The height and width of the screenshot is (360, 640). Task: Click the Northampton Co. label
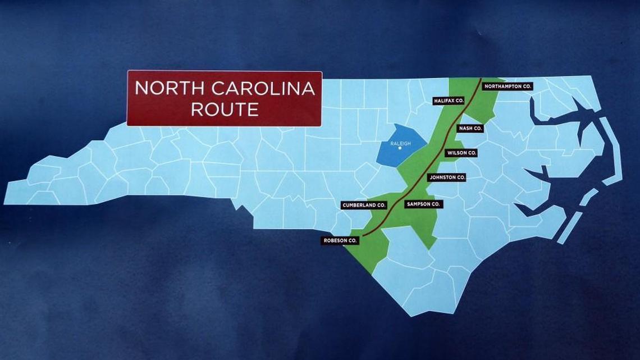pyautogui.click(x=508, y=86)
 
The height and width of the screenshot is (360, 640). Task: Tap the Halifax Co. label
pyautogui.click(x=449, y=101)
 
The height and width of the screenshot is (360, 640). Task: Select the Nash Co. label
pyautogui.click(x=470, y=128)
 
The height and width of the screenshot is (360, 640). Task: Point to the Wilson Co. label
pyautogui.click(x=461, y=153)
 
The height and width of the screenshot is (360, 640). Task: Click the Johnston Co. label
pyautogui.click(x=446, y=177)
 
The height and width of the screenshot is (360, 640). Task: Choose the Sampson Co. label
pyautogui.click(x=423, y=204)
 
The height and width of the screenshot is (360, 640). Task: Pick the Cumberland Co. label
pyautogui.click(x=364, y=206)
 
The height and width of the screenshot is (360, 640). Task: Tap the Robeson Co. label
pyautogui.click(x=340, y=240)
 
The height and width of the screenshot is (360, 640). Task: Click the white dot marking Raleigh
pyautogui.click(x=400, y=148)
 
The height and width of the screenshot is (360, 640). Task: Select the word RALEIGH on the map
pyautogui.click(x=400, y=144)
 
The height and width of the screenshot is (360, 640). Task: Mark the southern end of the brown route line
pyautogui.click(x=363, y=235)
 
